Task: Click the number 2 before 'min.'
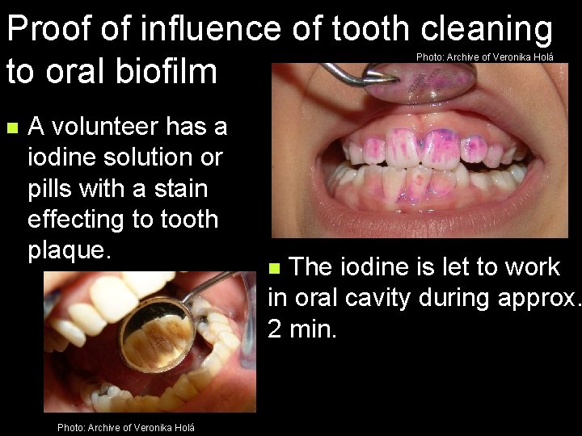tap(275, 329)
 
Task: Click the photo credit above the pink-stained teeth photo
tap(484, 57)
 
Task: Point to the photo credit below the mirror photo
tap(125, 427)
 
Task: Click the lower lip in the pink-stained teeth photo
tap(420, 220)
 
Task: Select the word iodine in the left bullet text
tap(61, 157)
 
